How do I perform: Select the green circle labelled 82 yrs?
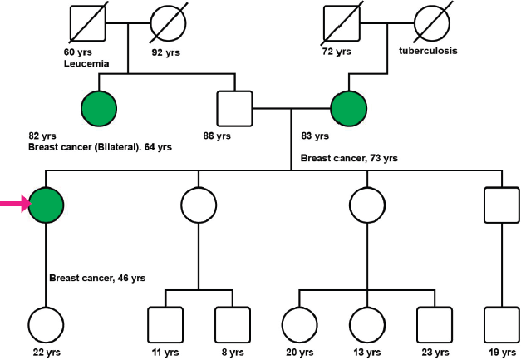(x=99, y=106)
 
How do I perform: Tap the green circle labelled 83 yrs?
(x=348, y=106)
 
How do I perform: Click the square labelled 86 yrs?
(x=233, y=107)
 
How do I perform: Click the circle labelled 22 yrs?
(x=47, y=325)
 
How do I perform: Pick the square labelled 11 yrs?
(x=165, y=325)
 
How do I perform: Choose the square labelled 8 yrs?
(x=233, y=325)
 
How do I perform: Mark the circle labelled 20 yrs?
(x=299, y=325)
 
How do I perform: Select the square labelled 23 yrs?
(x=433, y=325)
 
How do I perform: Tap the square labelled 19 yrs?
(x=502, y=325)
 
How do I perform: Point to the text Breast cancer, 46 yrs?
(x=94, y=277)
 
